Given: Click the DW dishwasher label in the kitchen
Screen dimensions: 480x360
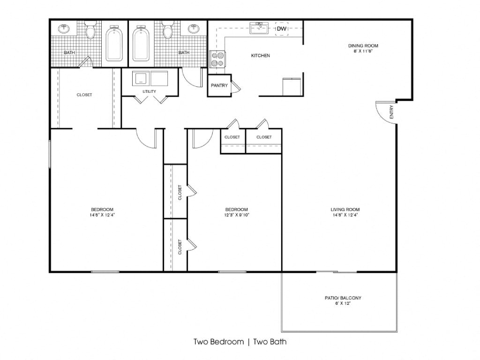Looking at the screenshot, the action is coord(282,29).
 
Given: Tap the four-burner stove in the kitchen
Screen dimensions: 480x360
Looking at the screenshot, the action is coord(217,60).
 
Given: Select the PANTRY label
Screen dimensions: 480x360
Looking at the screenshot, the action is coord(219,85).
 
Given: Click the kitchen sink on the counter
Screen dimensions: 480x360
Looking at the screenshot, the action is coord(259,28).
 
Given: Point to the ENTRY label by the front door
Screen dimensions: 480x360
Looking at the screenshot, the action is coord(391,112).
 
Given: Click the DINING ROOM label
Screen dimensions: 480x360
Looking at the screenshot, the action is coord(363,46).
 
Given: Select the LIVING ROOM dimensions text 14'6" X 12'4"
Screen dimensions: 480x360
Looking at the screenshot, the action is coord(345,215).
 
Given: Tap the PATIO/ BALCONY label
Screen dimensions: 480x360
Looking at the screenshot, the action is coord(343,298).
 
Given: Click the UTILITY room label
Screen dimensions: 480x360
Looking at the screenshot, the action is coord(150,91).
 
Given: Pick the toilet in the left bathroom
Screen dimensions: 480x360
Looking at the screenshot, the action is coord(90,30).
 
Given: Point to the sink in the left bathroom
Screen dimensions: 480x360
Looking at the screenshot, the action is coord(64,29).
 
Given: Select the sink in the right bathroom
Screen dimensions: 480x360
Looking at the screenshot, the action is coord(194,29).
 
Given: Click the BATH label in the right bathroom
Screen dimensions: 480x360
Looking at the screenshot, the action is coord(184,52).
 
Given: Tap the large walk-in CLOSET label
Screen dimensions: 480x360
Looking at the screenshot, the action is coord(84,95).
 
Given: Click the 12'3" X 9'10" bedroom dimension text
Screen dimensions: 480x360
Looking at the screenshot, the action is coord(237,215).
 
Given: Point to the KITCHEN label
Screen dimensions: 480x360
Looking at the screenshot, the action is coord(261,56).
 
